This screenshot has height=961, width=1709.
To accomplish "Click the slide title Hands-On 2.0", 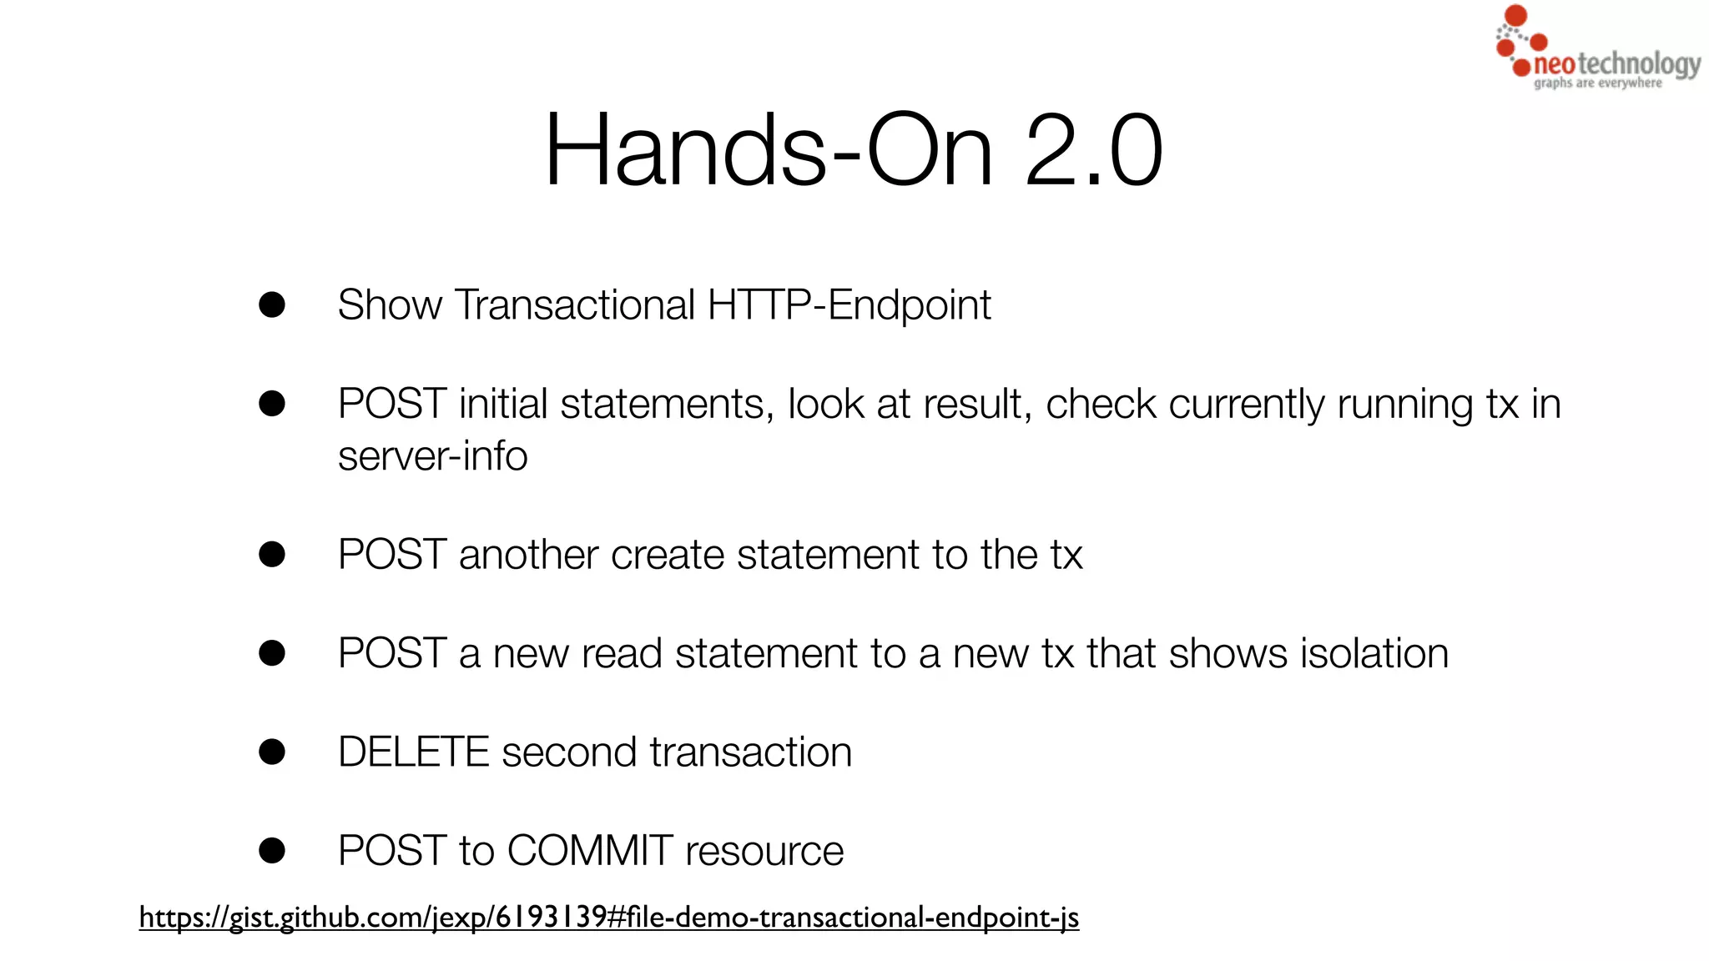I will [x=853, y=150].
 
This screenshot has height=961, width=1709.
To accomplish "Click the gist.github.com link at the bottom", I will [x=608, y=918].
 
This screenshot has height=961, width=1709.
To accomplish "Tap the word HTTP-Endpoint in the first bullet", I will [x=849, y=305].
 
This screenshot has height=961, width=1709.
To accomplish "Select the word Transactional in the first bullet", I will [x=574, y=305].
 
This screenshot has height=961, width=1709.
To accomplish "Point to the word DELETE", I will [x=413, y=752].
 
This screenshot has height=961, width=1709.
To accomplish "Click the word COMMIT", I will [x=590, y=851].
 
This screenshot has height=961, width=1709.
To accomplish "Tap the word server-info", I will [x=432, y=456].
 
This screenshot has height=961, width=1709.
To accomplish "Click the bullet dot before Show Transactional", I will [x=272, y=304].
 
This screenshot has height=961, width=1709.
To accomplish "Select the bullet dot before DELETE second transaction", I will [x=272, y=752].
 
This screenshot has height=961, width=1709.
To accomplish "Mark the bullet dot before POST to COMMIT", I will [x=272, y=851].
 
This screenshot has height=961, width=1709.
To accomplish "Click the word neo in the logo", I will [x=1554, y=64].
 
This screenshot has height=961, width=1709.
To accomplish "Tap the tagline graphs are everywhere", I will [x=1597, y=83].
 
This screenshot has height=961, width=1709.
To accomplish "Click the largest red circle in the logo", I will [x=1515, y=15].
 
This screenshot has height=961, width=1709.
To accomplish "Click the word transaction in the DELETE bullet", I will [x=751, y=752].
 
